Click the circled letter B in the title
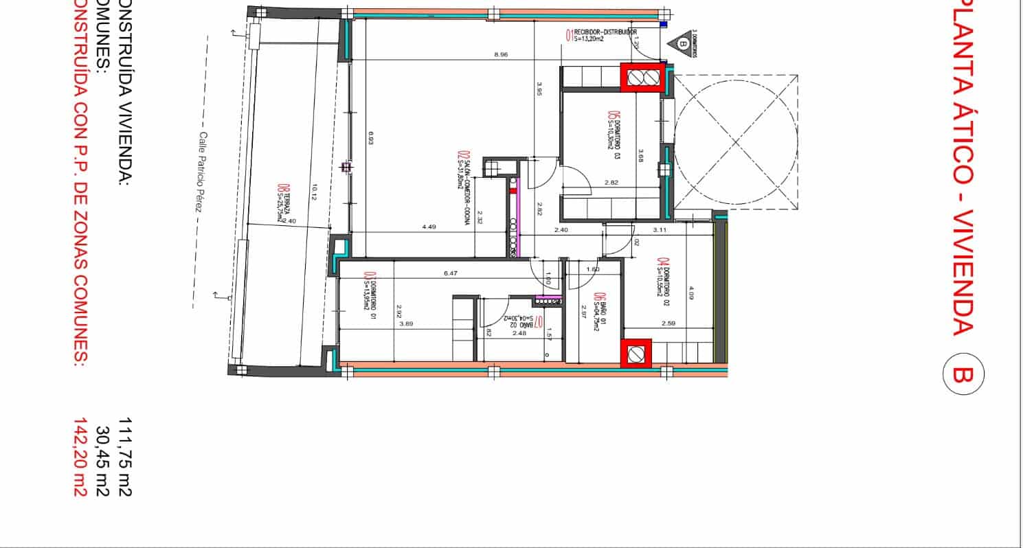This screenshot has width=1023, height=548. point(963,375)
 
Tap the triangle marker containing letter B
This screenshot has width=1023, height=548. point(682,43)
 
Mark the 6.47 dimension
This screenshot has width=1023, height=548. point(451,273)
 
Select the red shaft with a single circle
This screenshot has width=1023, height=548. point(636,354)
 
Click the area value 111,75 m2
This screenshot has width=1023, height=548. point(124,457)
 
